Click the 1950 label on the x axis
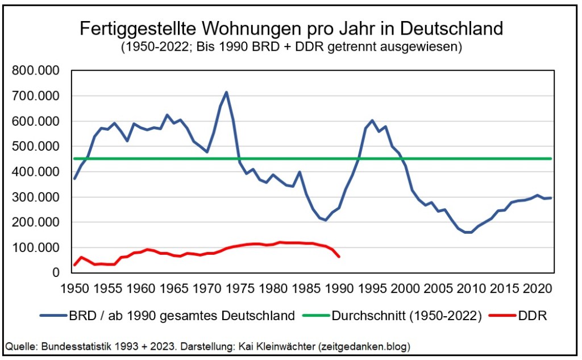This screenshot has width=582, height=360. pos(74,288)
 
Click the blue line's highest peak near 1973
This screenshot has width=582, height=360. pos(226,92)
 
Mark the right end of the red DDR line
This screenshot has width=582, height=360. pos(339,257)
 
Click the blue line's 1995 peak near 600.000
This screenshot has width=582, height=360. pos(372,121)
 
